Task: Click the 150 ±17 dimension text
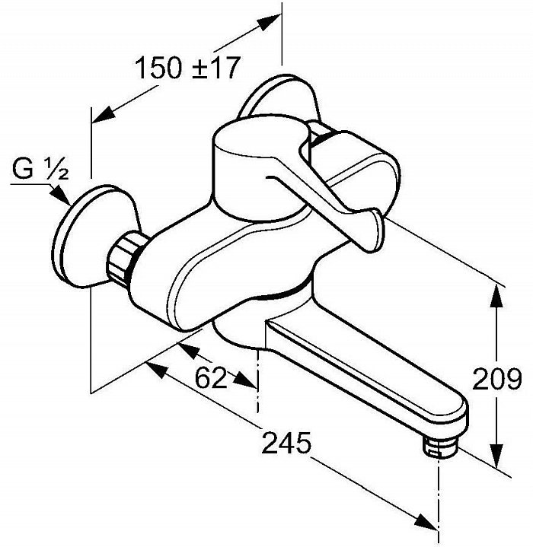coord(188,67)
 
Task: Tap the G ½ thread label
coord(40,168)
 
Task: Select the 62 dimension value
coord(210,378)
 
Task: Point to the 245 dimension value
coord(286,442)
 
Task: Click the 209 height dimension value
coord(497,379)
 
